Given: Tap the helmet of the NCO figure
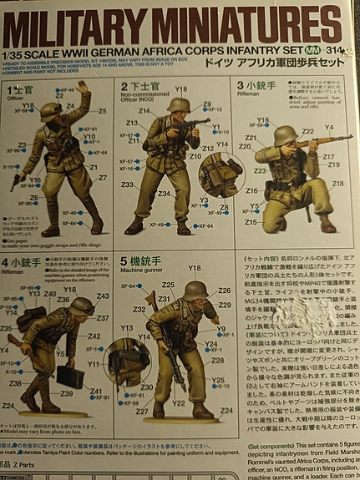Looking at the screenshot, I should [x=178, y=105].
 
